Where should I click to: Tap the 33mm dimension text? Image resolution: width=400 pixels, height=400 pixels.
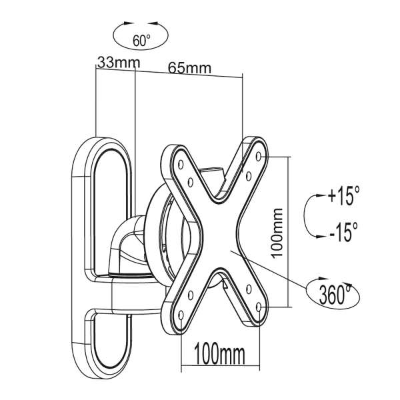[x=113, y=63]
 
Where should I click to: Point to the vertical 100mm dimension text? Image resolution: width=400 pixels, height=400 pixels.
[x=279, y=231]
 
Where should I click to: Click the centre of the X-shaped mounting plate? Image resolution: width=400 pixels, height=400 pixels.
[x=221, y=233]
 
